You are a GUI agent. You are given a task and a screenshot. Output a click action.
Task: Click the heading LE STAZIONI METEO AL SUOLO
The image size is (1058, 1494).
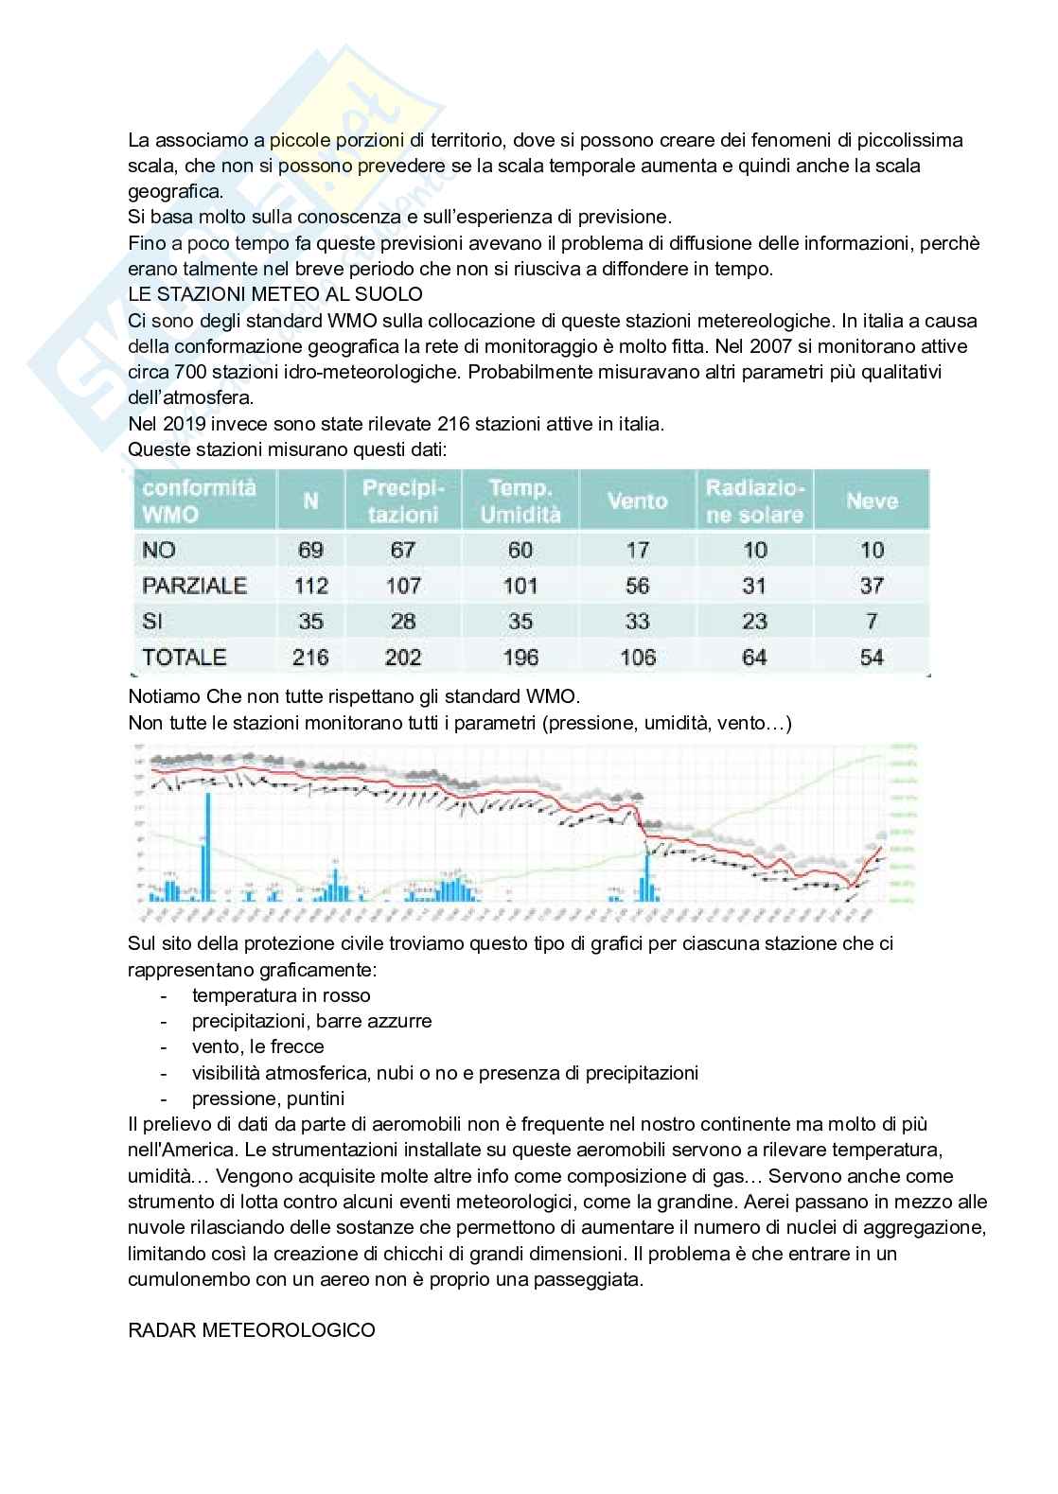coord(275,294)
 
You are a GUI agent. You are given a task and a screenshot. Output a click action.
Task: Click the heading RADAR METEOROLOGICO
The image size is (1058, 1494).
coord(252,1330)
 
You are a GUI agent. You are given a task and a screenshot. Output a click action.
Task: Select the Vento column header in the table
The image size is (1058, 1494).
coord(637,501)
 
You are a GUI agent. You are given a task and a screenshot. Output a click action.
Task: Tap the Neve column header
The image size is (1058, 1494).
coord(872,501)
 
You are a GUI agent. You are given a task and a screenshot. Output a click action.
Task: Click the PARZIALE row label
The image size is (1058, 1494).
coord(194,586)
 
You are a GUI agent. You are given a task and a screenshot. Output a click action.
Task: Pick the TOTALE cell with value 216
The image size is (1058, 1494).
coord(310,658)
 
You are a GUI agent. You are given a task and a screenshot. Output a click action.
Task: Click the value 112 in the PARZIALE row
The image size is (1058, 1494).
coord(310,586)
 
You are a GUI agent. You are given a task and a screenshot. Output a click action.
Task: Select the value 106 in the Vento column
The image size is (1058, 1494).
coord(637,658)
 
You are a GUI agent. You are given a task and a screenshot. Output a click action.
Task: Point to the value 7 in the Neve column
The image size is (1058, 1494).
coord(872,622)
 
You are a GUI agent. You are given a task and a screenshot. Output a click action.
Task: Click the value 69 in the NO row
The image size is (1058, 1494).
coord(310,550)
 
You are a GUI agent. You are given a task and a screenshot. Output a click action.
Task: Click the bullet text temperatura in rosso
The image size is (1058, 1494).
coord(281,995)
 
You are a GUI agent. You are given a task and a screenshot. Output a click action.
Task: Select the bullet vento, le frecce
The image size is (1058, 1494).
coord(257,1046)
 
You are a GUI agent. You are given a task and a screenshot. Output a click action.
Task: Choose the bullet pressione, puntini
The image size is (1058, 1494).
coord(268,1099)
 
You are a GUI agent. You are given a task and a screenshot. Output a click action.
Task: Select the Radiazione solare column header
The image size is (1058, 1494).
coord(754,501)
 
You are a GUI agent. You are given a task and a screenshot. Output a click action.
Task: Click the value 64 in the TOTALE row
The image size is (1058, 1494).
coord(754,658)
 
